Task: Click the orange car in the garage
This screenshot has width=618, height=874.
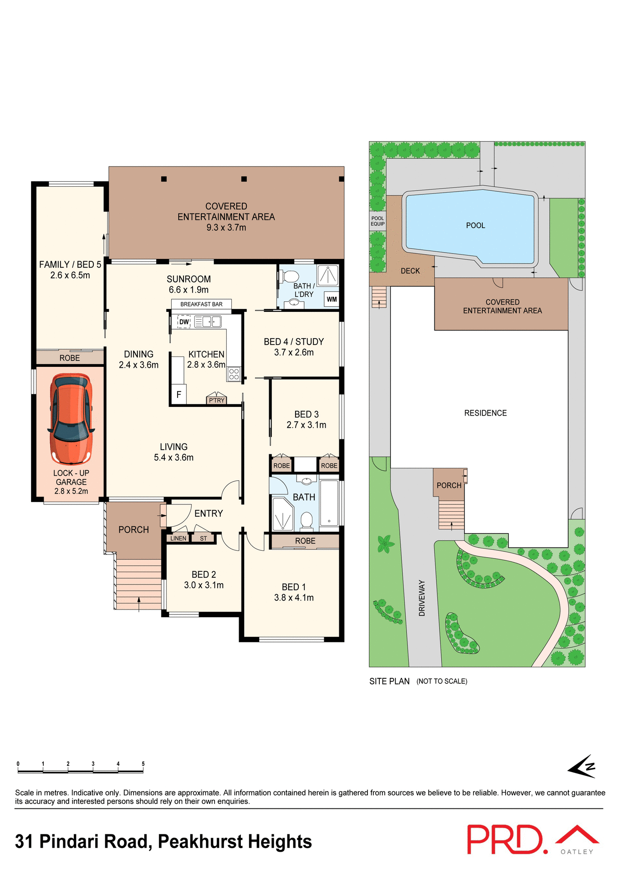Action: (x=72, y=419)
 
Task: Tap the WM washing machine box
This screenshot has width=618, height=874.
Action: (x=332, y=299)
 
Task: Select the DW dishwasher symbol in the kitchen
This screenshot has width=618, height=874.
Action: (x=184, y=322)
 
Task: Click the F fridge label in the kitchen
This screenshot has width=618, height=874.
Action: (x=179, y=395)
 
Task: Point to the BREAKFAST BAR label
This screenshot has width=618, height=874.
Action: (x=201, y=304)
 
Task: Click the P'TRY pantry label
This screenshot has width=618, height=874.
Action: (x=216, y=400)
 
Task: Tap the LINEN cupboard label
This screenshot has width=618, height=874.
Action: (x=178, y=538)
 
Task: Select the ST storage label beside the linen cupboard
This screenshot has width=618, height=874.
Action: (x=203, y=538)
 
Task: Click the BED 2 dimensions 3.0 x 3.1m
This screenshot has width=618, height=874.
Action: (x=204, y=585)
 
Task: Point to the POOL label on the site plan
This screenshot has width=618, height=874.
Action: (x=475, y=225)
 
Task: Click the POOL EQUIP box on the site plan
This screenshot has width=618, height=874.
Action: (x=378, y=221)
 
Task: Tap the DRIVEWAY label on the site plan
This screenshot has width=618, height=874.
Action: (x=422, y=598)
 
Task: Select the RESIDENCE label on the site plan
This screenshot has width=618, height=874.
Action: (x=485, y=413)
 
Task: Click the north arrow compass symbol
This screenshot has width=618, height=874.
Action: (x=582, y=766)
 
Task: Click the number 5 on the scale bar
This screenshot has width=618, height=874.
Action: (x=143, y=764)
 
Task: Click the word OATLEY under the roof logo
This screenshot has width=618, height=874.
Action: (x=577, y=852)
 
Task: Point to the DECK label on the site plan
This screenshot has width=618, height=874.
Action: (x=410, y=271)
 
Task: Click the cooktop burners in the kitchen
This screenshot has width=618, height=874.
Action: (x=234, y=374)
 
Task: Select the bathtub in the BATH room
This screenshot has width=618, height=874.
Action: (x=329, y=503)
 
